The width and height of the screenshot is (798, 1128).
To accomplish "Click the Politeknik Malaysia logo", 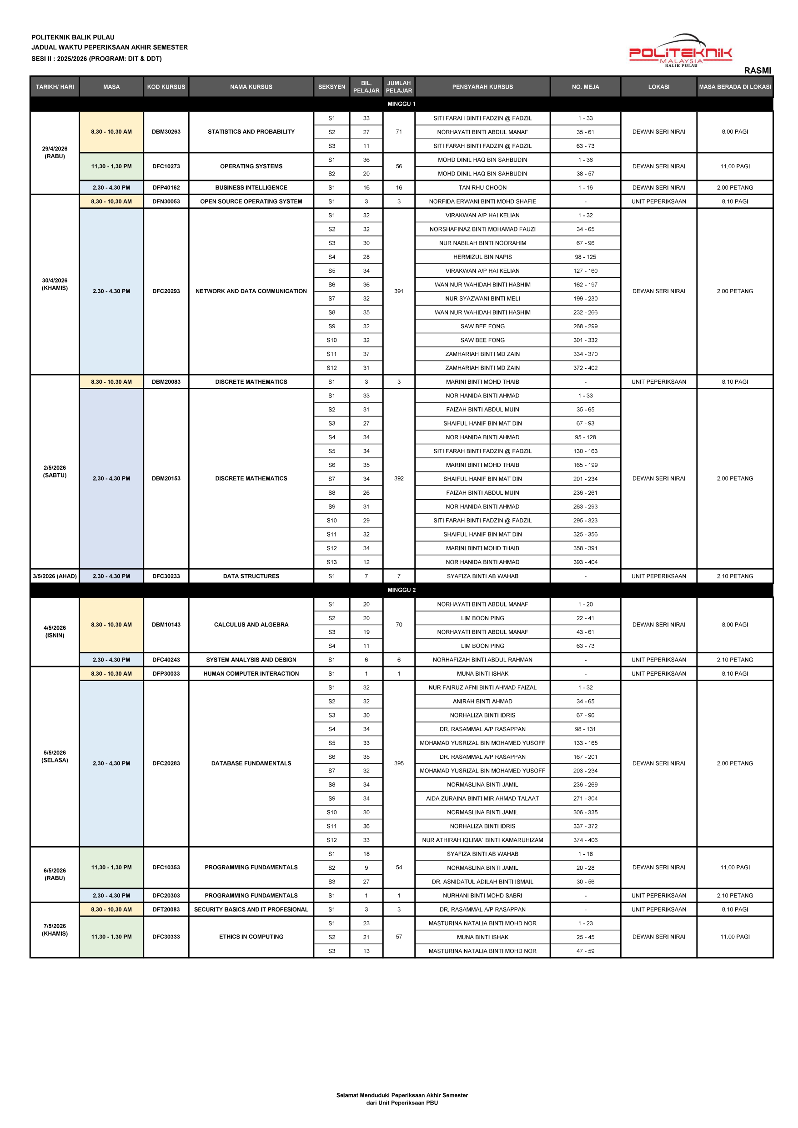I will pyautogui.click(x=680, y=51).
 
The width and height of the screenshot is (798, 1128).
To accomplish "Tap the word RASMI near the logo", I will pyautogui.click(x=757, y=71).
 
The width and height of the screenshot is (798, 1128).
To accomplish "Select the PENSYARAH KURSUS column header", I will pyautogui.click(x=482, y=87).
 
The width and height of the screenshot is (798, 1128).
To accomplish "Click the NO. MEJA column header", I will pyautogui.click(x=585, y=87).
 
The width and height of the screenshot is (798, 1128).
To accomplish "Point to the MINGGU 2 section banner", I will pyautogui.click(x=401, y=590).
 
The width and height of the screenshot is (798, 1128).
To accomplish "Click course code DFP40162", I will pyautogui.click(x=166, y=188).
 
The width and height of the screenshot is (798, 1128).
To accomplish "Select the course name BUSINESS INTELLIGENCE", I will pyautogui.click(x=251, y=188).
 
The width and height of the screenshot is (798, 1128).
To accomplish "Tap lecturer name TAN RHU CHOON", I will pyautogui.click(x=482, y=188).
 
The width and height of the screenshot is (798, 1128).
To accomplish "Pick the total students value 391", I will pyautogui.click(x=398, y=291).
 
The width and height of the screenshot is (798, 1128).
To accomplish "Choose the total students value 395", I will pyautogui.click(x=398, y=763).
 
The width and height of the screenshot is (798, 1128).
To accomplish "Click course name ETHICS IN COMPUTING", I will pyautogui.click(x=251, y=937).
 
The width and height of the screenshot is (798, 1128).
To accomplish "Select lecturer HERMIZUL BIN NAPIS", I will pyautogui.click(x=482, y=257).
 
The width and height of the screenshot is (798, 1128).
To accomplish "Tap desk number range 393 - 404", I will pyautogui.click(x=585, y=562).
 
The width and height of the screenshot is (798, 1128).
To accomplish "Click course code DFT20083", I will pyautogui.click(x=166, y=909).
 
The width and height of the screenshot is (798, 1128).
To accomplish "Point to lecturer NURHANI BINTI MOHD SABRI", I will pyautogui.click(x=482, y=896).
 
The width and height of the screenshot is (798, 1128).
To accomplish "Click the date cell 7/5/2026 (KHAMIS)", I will pyautogui.click(x=55, y=929).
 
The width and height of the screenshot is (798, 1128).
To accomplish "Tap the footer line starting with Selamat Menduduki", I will pyautogui.click(x=402, y=1095).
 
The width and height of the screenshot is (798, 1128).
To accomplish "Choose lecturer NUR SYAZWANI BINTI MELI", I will pyautogui.click(x=482, y=299).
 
